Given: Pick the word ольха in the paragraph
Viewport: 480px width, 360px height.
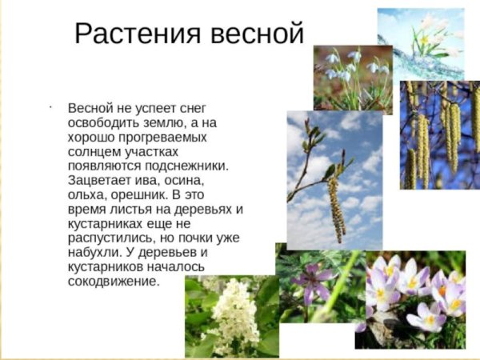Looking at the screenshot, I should [x=87, y=196].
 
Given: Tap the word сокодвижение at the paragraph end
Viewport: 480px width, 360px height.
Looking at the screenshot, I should [x=114, y=282].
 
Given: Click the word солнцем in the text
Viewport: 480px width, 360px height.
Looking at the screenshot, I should [x=94, y=152].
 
